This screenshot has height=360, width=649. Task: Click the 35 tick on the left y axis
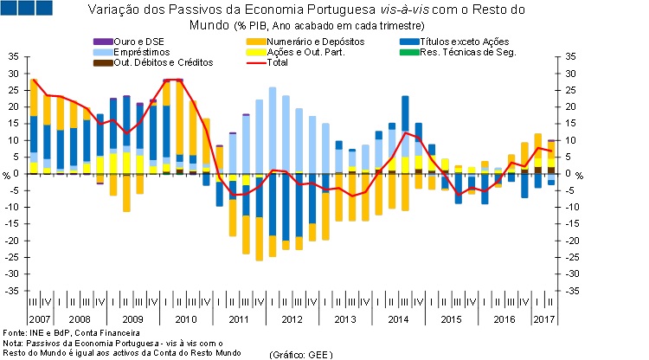pos(11,56)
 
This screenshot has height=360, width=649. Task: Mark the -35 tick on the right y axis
pos(570,291)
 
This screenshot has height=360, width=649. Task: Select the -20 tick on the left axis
pos(11,241)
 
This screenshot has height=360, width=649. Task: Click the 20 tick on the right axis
pos(570,106)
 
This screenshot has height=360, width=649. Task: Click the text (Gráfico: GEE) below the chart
pos(301,354)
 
